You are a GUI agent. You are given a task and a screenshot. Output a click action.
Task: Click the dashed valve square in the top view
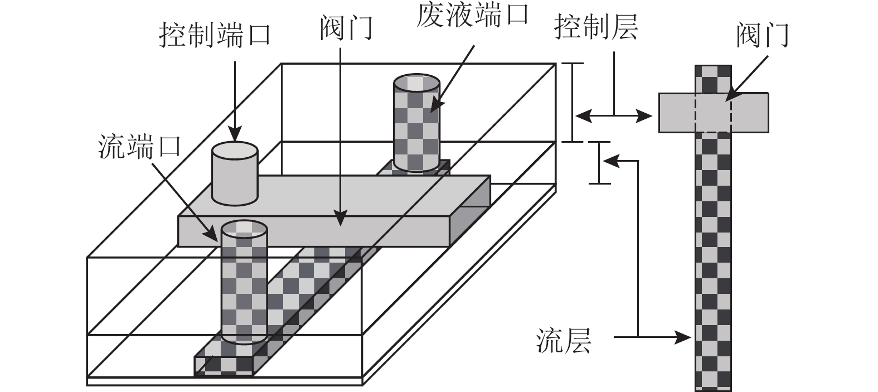click(x=713, y=113)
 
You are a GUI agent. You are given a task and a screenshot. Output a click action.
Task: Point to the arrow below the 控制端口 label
click(x=235, y=100)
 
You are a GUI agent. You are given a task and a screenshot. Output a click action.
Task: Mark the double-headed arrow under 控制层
click(x=613, y=116)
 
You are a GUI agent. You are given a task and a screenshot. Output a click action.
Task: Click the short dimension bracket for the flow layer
click(x=599, y=163)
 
